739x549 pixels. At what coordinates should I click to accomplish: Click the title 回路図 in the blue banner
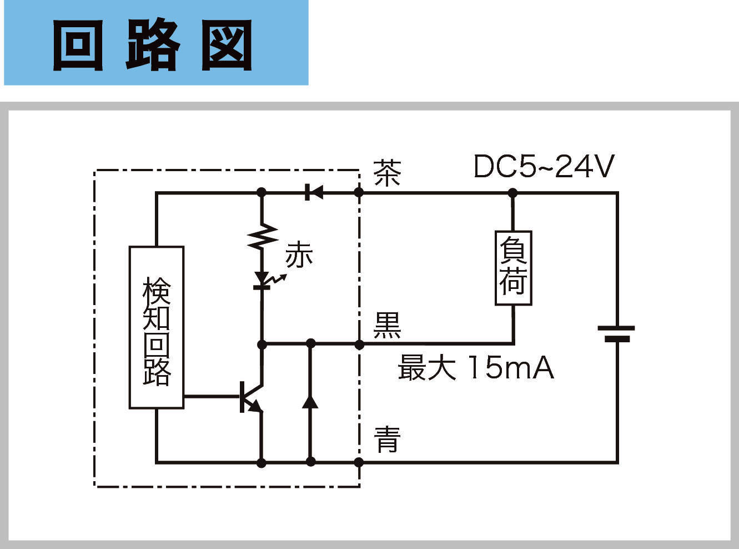153,44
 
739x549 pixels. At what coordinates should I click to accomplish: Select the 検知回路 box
156,327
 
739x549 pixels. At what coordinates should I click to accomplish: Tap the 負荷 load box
513,268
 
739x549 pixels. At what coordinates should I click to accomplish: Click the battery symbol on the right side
616,333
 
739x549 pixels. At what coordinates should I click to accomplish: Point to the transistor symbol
250,396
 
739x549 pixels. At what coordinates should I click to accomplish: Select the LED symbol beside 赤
262,281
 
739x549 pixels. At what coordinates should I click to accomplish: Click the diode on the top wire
314,193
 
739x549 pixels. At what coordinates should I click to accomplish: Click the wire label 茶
387,173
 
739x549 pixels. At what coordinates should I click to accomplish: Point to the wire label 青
387,440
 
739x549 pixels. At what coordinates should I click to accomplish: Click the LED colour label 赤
299,255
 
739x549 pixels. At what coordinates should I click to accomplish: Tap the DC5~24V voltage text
544,166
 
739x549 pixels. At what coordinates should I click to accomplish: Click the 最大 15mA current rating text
476,368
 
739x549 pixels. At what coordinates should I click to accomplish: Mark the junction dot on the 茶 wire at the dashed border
359,193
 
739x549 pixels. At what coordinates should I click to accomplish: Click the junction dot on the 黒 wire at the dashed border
359,345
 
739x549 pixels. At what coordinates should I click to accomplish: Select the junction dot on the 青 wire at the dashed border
359,462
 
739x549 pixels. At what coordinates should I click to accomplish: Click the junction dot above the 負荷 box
512,193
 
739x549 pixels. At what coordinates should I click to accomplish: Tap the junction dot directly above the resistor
262,193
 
